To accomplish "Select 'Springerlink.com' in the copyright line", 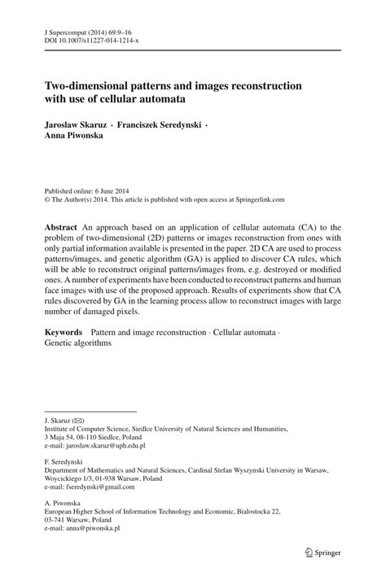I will [257, 196].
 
